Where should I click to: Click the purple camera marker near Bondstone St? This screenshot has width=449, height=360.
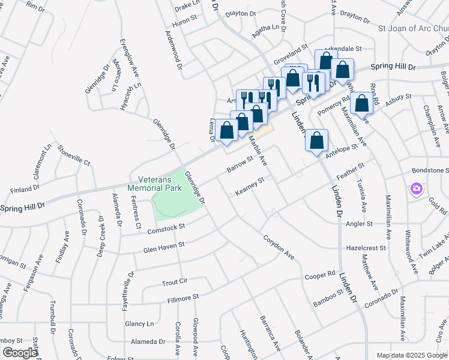tap(415, 190)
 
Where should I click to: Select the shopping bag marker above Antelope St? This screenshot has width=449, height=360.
tap(318, 141)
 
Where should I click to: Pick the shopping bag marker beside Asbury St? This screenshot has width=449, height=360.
tap(363, 103)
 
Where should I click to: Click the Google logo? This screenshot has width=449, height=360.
tap(20, 353)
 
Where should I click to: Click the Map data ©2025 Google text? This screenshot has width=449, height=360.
tap(411, 355)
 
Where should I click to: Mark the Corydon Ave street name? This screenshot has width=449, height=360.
tap(279, 246)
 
